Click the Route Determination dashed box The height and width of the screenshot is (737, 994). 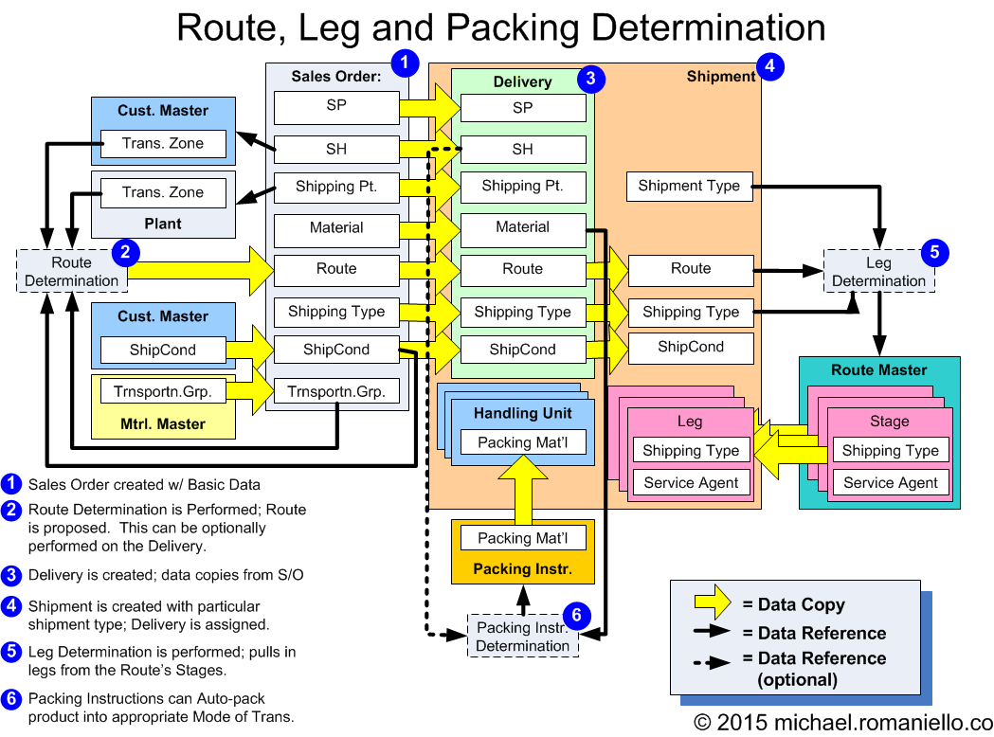[x=72, y=271]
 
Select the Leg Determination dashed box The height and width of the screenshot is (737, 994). [x=878, y=271]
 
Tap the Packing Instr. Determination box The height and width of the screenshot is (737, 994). [x=522, y=637]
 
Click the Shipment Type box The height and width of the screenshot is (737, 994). [x=689, y=186]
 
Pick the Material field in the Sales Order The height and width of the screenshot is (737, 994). [x=336, y=228]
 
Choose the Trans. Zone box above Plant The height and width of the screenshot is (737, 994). [x=163, y=192]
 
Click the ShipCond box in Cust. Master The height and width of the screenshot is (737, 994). [x=163, y=350]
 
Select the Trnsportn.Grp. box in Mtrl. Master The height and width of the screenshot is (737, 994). [x=163, y=389]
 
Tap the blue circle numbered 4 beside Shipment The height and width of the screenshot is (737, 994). [x=770, y=67]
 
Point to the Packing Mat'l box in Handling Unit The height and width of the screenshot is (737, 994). [x=522, y=441]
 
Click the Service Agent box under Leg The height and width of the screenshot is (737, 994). [x=691, y=482]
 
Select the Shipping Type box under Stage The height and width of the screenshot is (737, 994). [x=890, y=451]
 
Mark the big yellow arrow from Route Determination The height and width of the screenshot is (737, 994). [x=199, y=270]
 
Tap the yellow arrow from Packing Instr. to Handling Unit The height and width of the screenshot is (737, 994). [x=522, y=490]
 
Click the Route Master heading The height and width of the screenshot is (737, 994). [x=878, y=369]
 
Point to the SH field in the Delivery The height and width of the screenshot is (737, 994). [x=522, y=149]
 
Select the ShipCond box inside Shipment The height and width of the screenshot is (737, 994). [x=691, y=347]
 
